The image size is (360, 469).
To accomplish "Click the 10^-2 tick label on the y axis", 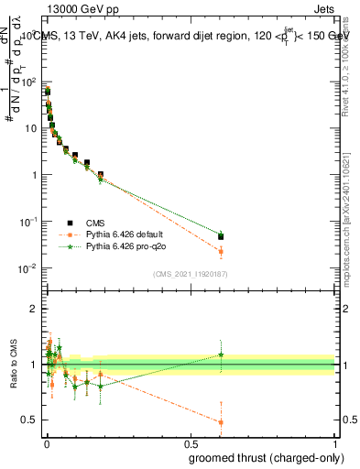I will coord(27,268).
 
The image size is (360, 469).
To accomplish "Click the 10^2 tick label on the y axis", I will coord(28,82).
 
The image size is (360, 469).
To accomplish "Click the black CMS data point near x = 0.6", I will coord(221,236).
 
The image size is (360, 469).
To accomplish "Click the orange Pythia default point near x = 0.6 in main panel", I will coord(221,251).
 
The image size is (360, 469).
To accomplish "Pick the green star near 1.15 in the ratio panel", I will coord(221,354).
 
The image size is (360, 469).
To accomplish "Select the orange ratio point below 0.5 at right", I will coord(221,422).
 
